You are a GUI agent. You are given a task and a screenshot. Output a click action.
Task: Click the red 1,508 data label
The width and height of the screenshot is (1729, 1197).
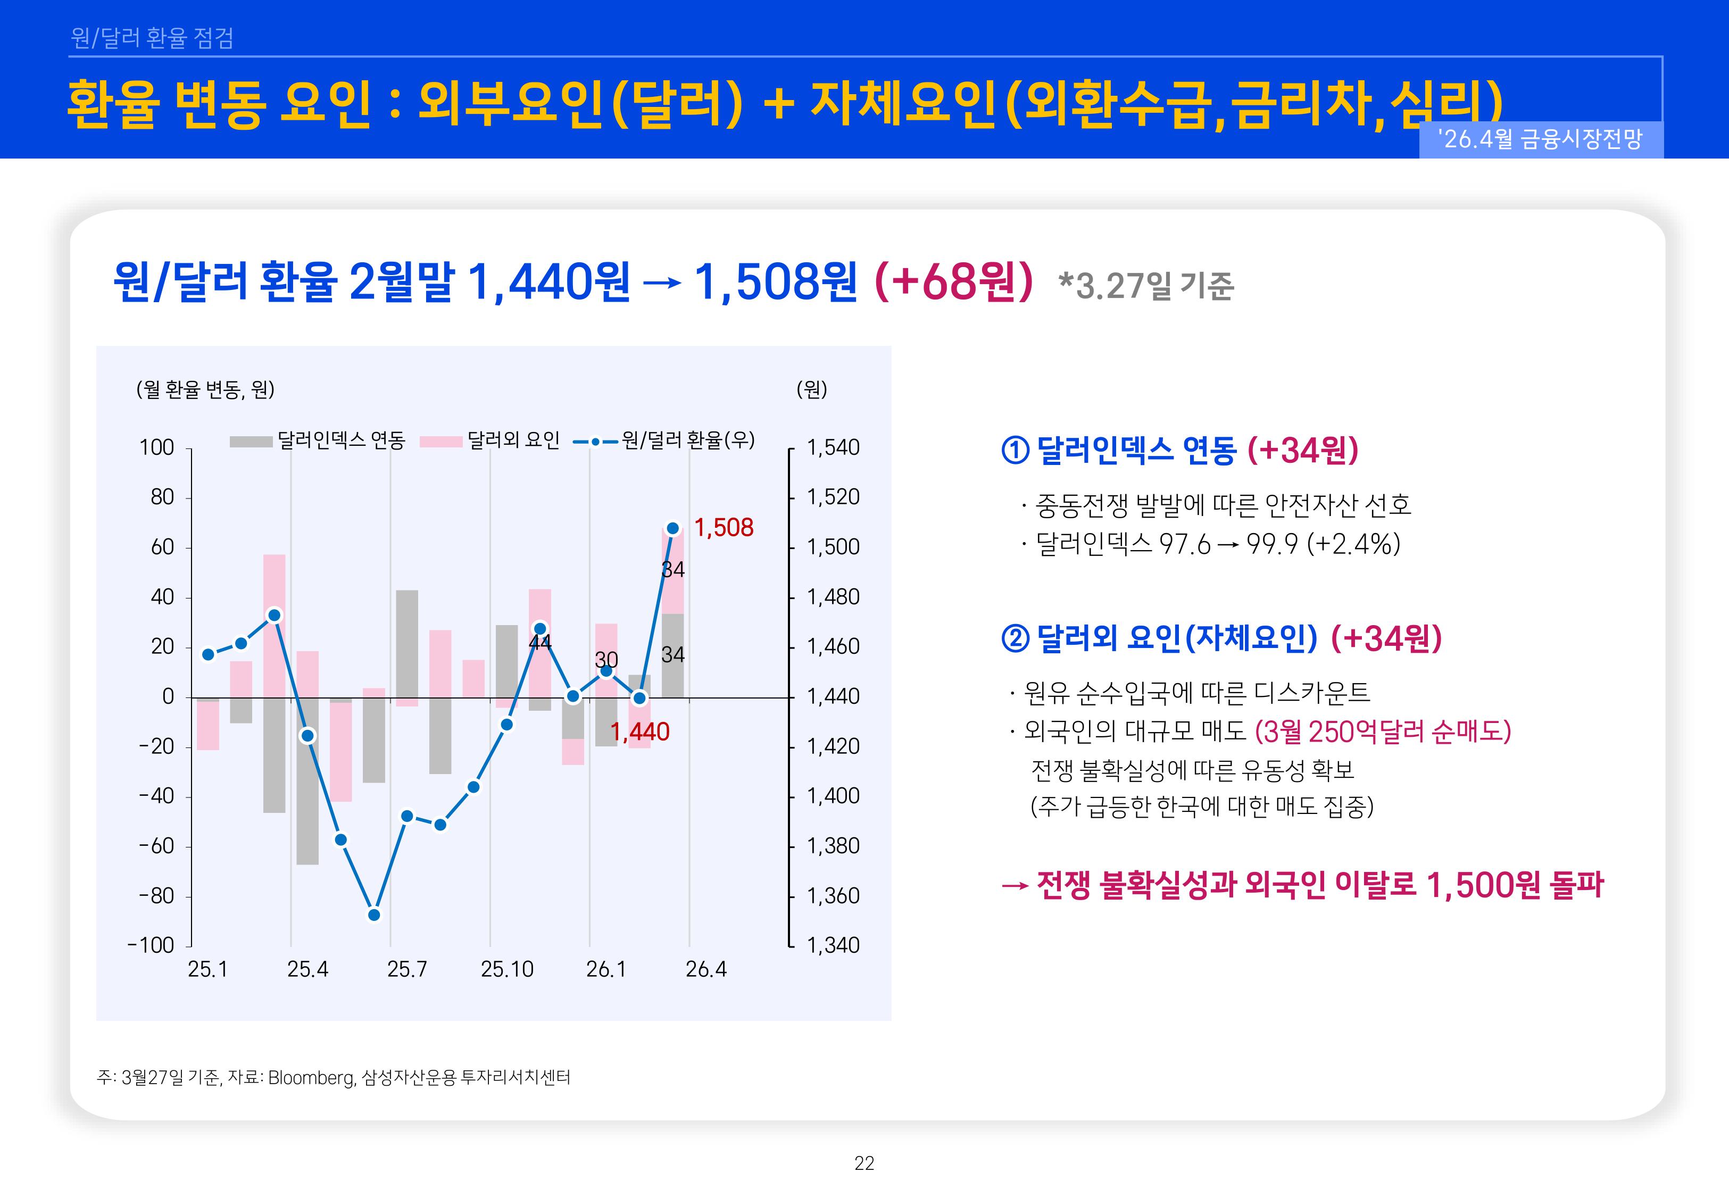click(723, 528)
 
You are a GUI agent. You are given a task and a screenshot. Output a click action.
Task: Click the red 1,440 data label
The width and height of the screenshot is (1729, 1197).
click(639, 732)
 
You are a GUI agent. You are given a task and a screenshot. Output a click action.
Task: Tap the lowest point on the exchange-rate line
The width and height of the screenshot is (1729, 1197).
click(374, 915)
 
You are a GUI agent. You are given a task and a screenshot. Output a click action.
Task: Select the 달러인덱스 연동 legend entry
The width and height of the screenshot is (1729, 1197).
click(317, 440)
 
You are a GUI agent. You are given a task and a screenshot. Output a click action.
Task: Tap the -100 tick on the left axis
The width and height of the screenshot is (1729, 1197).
click(152, 945)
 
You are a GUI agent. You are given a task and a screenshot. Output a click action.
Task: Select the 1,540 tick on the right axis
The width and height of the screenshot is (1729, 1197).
click(832, 448)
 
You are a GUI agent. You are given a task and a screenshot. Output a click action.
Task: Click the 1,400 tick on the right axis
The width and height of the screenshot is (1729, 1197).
click(832, 796)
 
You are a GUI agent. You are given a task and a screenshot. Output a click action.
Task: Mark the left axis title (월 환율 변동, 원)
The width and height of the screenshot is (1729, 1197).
click(205, 389)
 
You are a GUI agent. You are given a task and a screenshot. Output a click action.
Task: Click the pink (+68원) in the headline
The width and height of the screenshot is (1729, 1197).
click(953, 282)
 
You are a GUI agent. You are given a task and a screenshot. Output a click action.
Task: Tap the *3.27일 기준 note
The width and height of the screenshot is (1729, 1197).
click(1145, 286)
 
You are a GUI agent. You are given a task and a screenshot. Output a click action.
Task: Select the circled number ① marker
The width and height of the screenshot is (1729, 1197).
click(1015, 450)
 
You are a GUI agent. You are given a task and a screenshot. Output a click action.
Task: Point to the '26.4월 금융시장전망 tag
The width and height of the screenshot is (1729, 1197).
click(1540, 139)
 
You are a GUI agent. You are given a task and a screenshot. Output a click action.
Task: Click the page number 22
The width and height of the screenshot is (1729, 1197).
click(864, 1163)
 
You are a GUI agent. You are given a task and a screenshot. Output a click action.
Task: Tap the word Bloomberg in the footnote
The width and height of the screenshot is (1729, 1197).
click(310, 1078)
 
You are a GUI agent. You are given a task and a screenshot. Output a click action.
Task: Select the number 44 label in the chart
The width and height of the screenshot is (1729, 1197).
click(540, 642)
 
